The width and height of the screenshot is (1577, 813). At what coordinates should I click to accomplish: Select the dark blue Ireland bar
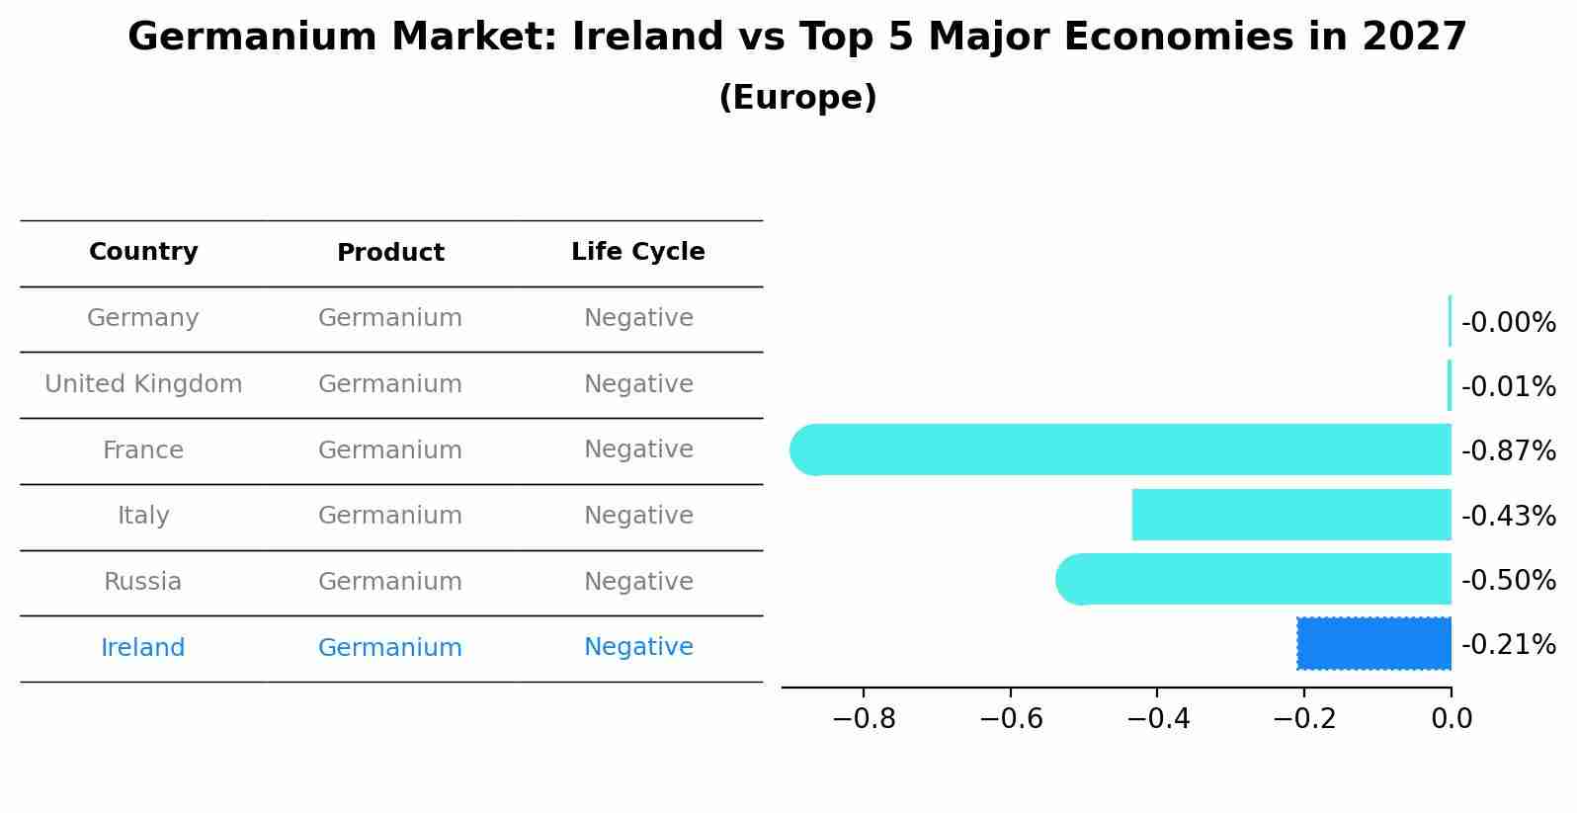point(1373,644)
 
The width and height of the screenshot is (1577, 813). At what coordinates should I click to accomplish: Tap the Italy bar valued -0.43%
point(1290,515)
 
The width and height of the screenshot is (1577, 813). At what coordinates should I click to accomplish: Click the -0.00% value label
point(1508,323)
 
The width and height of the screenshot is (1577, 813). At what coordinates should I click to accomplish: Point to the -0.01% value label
point(1508,387)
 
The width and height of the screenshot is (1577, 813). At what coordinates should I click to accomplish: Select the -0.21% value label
point(1508,645)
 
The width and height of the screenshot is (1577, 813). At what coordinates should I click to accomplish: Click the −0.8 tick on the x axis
point(864,719)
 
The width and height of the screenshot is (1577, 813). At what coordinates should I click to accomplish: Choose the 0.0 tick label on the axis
point(1452,719)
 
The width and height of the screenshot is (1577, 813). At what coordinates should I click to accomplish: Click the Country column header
point(143,252)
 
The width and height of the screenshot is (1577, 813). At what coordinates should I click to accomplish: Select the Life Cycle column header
point(638,252)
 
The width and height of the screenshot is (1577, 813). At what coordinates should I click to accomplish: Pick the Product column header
point(390,253)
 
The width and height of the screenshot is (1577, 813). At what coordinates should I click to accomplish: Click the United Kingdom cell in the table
point(143,384)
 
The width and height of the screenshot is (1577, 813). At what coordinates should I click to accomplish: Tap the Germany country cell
point(143,318)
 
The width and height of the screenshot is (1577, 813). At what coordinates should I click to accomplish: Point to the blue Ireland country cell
point(143,648)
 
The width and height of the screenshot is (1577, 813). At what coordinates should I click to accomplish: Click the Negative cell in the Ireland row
point(638,647)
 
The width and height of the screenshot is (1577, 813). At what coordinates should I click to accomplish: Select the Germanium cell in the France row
point(390,450)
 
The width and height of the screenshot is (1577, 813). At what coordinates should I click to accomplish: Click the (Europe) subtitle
point(797,98)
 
